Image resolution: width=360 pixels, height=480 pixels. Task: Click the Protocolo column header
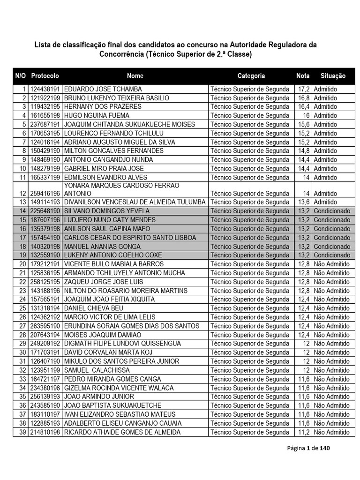click(x=45, y=75)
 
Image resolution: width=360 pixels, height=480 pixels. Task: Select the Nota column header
click(x=303, y=75)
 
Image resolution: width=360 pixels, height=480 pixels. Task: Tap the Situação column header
click(x=333, y=75)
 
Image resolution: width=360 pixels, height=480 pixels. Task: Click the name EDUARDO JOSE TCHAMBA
click(x=103, y=89)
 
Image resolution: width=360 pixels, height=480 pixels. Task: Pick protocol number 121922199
click(x=45, y=98)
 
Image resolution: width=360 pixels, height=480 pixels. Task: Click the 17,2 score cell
click(x=304, y=89)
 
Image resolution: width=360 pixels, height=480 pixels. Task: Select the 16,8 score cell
click(x=304, y=98)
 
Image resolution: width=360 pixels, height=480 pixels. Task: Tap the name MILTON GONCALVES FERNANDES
click(x=113, y=151)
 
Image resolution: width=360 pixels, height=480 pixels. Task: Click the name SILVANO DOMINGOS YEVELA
click(x=106, y=211)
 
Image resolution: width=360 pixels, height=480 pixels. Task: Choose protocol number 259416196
click(x=45, y=193)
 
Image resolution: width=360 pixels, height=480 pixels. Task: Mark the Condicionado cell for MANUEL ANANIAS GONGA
click(x=332, y=247)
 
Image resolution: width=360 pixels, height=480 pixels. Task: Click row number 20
click(x=22, y=264)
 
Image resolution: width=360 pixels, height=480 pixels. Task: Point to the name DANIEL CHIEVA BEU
click(x=94, y=308)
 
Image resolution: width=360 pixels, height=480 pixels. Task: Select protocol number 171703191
click(x=45, y=352)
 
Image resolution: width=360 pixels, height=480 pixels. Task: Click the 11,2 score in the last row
click(x=304, y=432)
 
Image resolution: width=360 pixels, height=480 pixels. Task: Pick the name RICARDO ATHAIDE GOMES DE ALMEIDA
click(x=122, y=432)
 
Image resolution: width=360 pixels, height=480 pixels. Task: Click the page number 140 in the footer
click(x=325, y=449)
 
